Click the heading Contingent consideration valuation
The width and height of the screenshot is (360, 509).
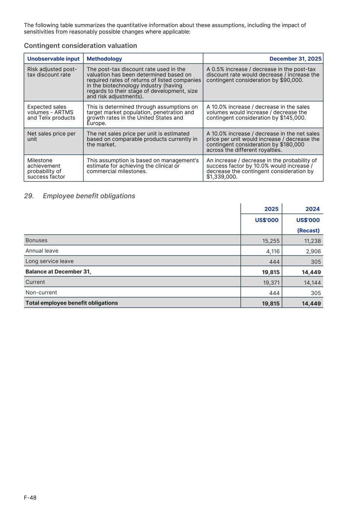coord(80,46)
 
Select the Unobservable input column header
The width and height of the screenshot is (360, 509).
coord(53,59)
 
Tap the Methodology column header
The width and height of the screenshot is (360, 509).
coord(104,59)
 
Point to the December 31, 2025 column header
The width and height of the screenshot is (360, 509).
coord(295,59)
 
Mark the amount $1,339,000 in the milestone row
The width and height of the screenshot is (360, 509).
coord(222,177)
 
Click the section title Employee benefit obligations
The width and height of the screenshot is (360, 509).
coord(89,196)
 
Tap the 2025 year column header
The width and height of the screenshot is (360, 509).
coord(271,209)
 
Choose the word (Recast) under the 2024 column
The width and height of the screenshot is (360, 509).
coord(308,231)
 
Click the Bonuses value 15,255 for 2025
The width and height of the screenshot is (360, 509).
coord(271,241)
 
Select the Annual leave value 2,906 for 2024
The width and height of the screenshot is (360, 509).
coord(312,251)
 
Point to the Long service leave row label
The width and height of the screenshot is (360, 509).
coord(50,261)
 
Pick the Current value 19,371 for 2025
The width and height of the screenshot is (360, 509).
coord(271,283)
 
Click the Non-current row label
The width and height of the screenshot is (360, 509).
coord(41,293)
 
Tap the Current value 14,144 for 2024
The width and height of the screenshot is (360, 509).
coord(312,283)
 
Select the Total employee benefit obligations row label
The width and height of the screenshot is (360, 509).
coord(72,303)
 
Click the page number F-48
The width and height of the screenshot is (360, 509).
coord(30,498)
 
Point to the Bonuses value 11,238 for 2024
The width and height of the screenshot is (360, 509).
coord(312,241)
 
